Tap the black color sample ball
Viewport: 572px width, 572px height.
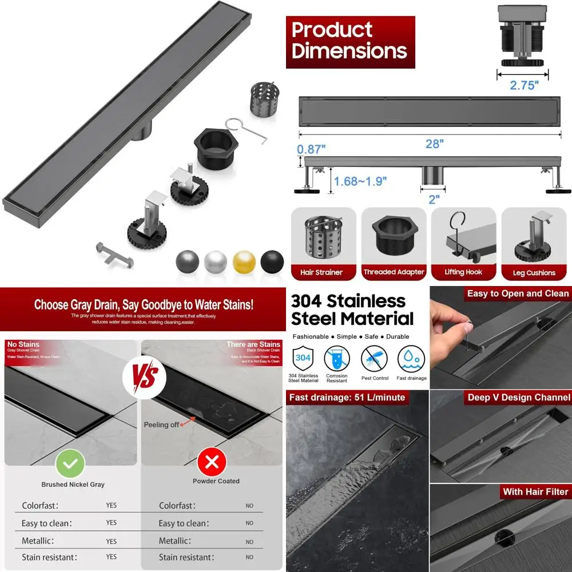tap(272, 261)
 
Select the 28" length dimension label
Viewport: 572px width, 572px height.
tap(434, 144)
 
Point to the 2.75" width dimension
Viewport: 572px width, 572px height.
tap(525, 85)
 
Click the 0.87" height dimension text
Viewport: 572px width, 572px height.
tap(312, 149)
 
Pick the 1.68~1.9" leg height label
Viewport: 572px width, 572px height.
tap(360, 181)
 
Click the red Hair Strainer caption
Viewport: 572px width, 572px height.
tap(321, 272)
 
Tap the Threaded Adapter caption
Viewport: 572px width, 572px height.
tap(394, 272)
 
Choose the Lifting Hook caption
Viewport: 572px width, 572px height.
tap(464, 272)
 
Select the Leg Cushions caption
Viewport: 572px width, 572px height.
tap(534, 273)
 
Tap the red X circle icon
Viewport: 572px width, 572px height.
tap(212, 462)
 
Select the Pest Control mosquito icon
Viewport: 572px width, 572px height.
tap(375, 359)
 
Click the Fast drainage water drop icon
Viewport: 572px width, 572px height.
tap(411, 359)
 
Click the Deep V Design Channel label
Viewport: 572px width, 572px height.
tap(518, 398)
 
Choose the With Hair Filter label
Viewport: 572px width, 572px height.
tap(535, 492)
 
